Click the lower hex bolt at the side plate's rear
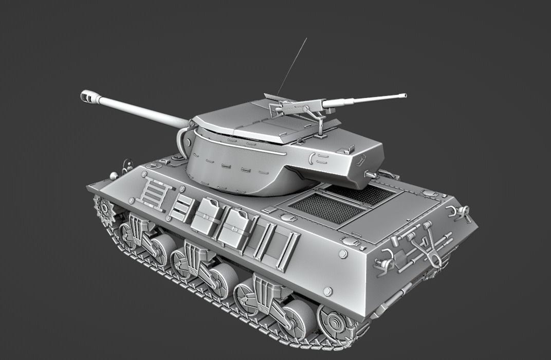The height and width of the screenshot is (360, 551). [x=327, y=291]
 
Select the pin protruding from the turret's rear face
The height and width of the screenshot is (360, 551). [x=370, y=175]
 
